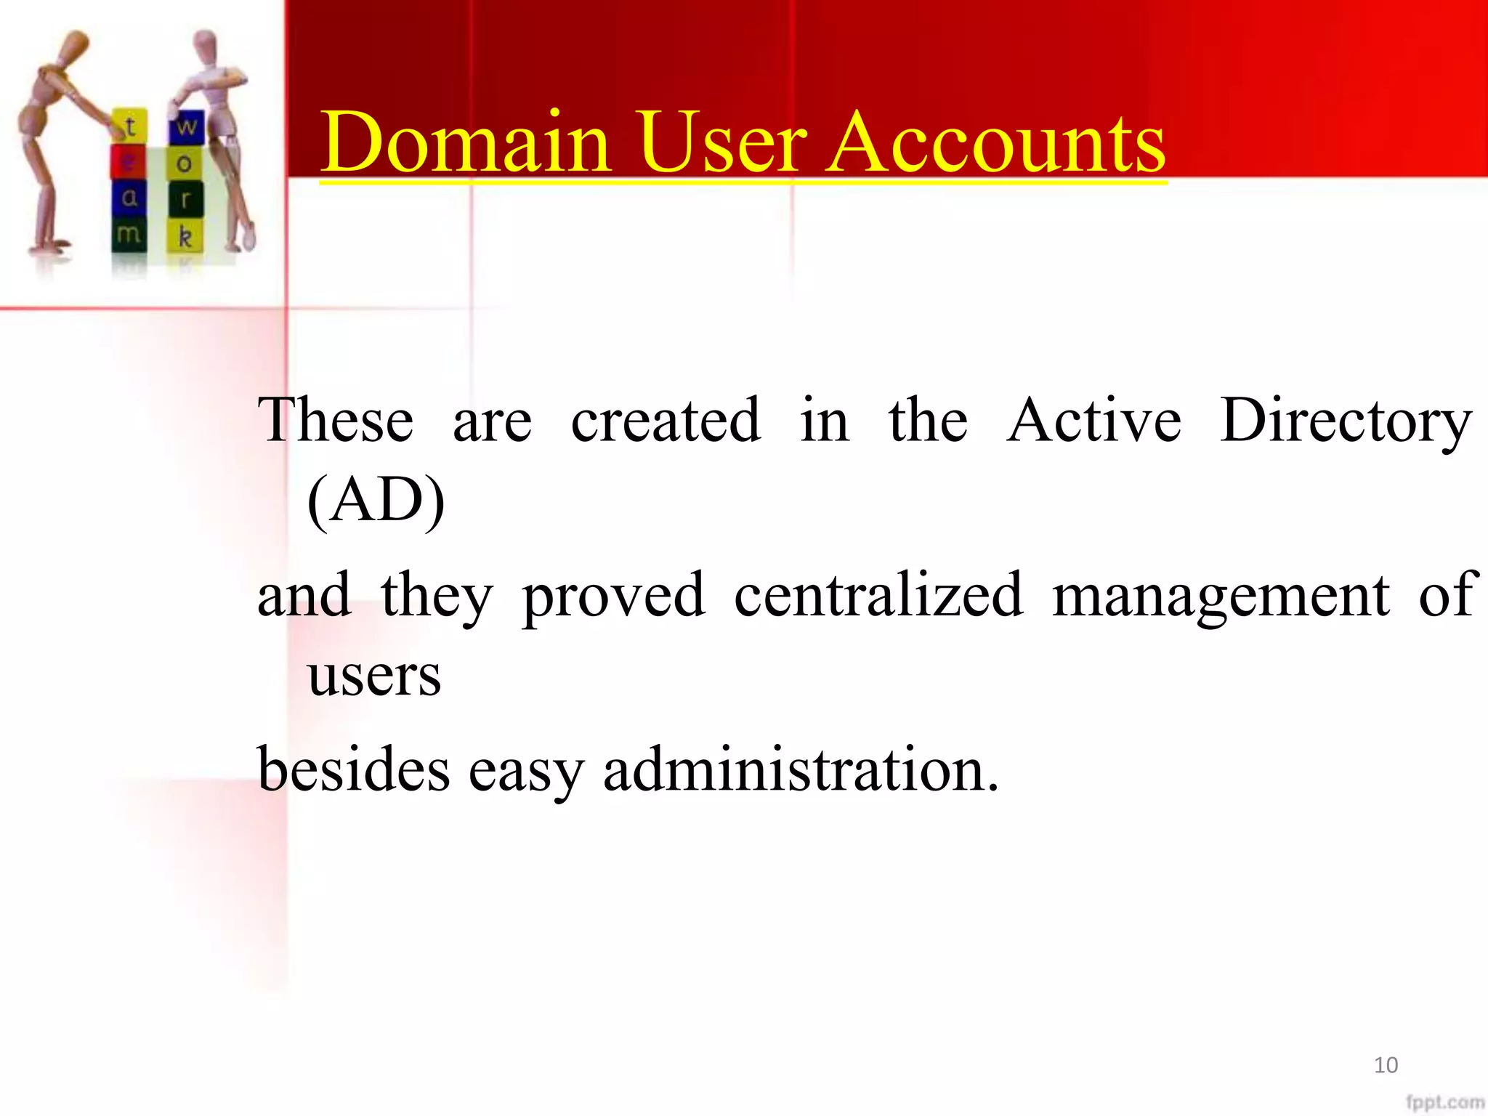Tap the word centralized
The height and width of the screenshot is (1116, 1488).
pyautogui.click(x=878, y=595)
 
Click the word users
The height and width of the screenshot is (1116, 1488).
pyautogui.click(x=374, y=675)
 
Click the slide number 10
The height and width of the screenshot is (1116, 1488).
pyautogui.click(x=1386, y=1065)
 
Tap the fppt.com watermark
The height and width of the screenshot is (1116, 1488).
pyautogui.click(x=1444, y=1102)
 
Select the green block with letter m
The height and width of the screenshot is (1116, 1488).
pyautogui.click(x=129, y=234)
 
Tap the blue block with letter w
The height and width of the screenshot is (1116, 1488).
pyautogui.click(x=186, y=127)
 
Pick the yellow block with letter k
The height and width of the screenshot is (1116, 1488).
pyautogui.click(x=185, y=235)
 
